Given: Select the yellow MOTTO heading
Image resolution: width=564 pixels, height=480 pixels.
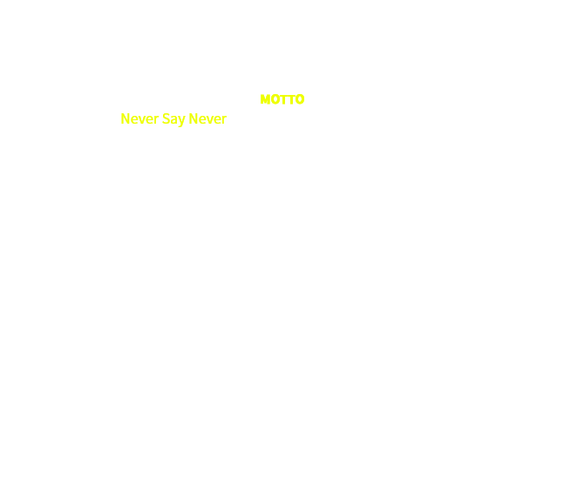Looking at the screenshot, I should pyautogui.click(x=282, y=99).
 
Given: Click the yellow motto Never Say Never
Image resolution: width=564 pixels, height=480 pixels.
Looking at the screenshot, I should pyautogui.click(x=173, y=118).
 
